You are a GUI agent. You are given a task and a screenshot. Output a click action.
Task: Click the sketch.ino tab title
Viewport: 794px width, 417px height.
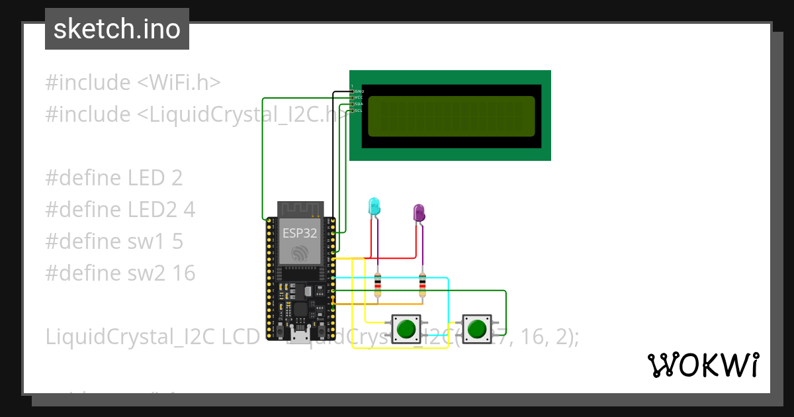(116, 29)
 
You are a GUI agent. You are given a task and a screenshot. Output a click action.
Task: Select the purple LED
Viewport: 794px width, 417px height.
(419, 212)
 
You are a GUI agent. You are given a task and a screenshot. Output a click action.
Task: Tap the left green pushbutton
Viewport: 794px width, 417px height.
(405, 329)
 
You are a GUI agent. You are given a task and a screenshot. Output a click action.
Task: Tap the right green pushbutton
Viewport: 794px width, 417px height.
(476, 329)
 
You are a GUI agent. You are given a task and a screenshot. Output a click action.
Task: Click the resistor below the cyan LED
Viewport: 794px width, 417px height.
(377, 285)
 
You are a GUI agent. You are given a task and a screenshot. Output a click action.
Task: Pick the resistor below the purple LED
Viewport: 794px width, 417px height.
(423, 285)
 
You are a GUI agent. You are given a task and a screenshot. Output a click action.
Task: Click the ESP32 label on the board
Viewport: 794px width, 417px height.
(300, 233)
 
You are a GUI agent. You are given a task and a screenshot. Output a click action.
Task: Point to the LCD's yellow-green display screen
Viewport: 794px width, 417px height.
(451, 116)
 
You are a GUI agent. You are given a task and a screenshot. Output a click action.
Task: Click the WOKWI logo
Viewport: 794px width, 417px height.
(703, 365)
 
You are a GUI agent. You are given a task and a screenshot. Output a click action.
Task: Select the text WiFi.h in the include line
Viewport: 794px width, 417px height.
(179, 83)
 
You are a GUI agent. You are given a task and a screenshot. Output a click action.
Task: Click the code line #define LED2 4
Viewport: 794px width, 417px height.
(120, 210)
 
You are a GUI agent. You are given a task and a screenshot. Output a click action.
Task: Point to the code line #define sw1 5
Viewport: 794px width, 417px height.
(114, 242)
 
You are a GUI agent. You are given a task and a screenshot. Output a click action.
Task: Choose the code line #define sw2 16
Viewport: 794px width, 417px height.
(120, 273)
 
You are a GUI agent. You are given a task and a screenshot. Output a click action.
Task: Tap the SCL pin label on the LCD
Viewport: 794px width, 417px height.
(358, 111)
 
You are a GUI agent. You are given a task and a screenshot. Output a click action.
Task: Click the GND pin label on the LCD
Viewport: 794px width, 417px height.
(359, 91)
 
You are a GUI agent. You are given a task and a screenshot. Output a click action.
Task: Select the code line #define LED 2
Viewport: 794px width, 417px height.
(114, 178)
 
